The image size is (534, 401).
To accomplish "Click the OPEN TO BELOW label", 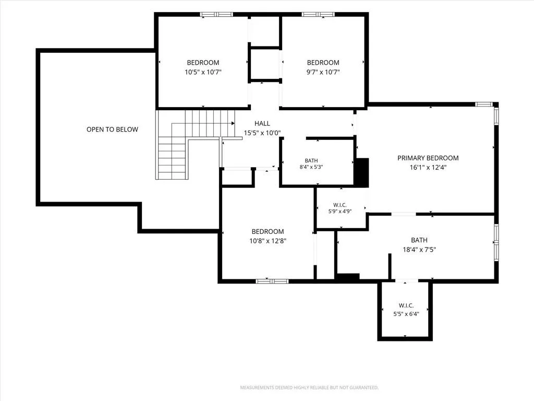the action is coord(113,129).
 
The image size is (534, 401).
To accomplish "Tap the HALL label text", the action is coord(262,123).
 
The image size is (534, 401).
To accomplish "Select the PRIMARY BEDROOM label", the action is coord(428,158).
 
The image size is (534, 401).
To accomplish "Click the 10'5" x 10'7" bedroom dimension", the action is coord(203,72).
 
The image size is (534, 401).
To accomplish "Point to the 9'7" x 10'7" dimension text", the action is coord(323,72).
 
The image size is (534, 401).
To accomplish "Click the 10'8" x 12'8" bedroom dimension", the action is coord(268,241).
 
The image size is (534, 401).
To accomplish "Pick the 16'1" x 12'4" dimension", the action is coord(428,168).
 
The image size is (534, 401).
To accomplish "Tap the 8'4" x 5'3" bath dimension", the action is coord(311,167).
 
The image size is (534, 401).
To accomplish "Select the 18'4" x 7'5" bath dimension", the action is coord(419,250).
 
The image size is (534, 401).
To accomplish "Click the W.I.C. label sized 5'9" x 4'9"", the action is coord(340,205).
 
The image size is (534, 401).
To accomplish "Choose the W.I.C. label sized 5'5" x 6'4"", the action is coord(406,305).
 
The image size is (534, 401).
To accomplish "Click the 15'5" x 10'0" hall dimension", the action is coord(262,133).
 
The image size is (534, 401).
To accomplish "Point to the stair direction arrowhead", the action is coord(233,123).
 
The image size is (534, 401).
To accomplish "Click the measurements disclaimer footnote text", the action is coord(309,387).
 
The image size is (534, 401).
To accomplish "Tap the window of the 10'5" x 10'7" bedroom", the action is coord(216,14).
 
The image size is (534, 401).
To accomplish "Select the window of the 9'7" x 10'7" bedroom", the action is coord(318,14).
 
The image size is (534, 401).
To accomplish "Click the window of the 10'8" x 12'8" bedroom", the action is coord(272,281).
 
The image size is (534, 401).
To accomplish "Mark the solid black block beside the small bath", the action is coord(362,172).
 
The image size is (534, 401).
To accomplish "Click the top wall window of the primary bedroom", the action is coord(484,104).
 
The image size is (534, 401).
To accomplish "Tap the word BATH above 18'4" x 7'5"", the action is coord(419,240).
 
